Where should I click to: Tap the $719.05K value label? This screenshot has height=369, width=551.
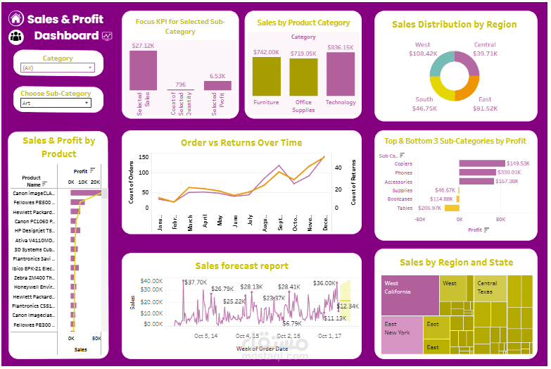[x=303, y=54]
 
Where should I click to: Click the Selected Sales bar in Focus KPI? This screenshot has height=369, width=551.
[x=144, y=70]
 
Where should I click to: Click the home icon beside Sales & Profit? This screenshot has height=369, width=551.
[x=16, y=19]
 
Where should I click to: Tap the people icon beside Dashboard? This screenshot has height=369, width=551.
[x=16, y=37]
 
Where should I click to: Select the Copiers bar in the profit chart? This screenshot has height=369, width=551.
[x=488, y=163]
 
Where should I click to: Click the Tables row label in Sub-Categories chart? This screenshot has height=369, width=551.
[x=405, y=208]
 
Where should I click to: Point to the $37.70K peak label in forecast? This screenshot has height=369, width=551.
[x=195, y=282]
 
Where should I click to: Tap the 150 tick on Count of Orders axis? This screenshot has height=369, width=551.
[x=144, y=157]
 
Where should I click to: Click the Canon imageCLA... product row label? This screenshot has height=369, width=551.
[x=34, y=193]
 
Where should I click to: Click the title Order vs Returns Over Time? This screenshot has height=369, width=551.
[x=241, y=142]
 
